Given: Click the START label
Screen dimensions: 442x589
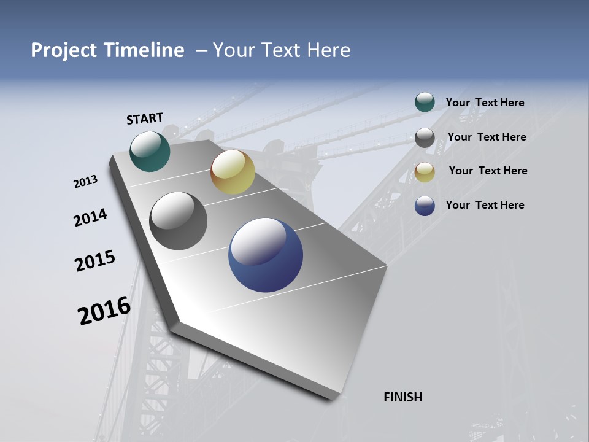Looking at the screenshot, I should click(145, 118).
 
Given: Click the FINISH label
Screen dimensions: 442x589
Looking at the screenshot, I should click(403, 397).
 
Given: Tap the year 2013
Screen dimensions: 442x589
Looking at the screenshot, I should click(86, 182).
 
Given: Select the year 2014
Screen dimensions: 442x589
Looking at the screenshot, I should click(90, 218).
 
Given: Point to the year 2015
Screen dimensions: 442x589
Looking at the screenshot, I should click(95, 261).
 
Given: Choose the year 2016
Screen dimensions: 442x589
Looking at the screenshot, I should click(104, 311).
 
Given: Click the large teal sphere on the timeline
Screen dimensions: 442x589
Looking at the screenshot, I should click(150, 151).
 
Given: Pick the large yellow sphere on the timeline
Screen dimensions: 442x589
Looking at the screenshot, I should click(233, 172).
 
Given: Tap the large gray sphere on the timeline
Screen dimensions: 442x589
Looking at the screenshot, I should click(178, 221).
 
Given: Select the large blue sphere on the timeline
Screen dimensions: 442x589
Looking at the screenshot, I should click(266, 255).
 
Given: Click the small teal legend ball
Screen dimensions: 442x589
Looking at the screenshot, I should click(425, 103).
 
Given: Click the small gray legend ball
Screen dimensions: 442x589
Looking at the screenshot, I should click(425, 138).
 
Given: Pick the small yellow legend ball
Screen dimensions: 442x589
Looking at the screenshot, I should click(425, 172).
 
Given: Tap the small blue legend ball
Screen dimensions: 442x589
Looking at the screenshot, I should click(425, 206).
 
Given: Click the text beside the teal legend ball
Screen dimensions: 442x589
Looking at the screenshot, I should click(485, 103).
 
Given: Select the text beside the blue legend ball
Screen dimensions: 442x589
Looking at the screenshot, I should click(485, 205).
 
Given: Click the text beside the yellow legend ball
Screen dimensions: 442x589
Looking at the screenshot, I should click(488, 171).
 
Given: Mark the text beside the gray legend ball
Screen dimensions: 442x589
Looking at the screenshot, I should click(487, 137).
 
